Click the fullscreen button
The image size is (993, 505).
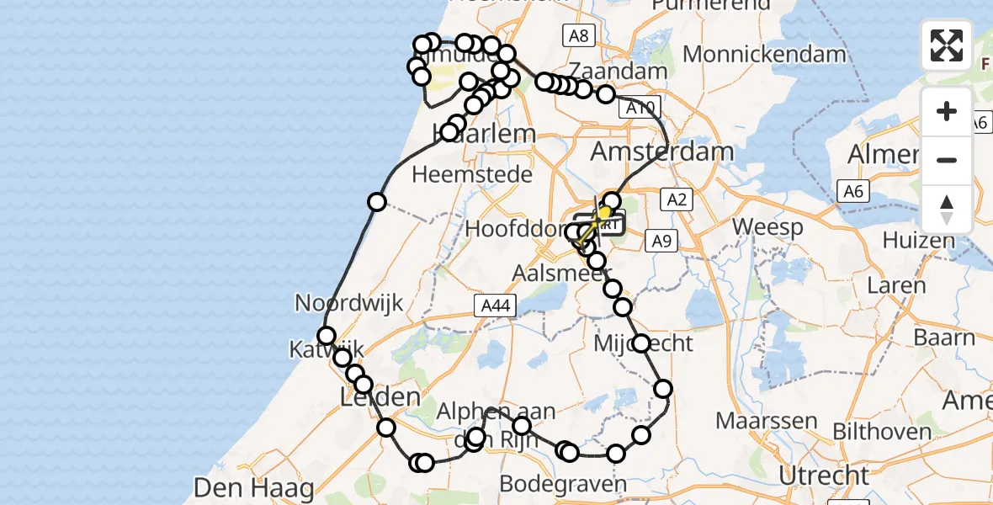point(947,45)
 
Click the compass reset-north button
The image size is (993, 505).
point(947,210)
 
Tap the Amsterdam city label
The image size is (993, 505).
point(662,152)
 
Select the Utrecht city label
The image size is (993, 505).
point(823,476)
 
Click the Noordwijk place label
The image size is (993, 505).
point(349,303)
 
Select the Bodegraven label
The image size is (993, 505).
point(563,484)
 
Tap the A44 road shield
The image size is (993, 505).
point(494,306)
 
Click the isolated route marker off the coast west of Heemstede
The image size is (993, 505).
point(376,202)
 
